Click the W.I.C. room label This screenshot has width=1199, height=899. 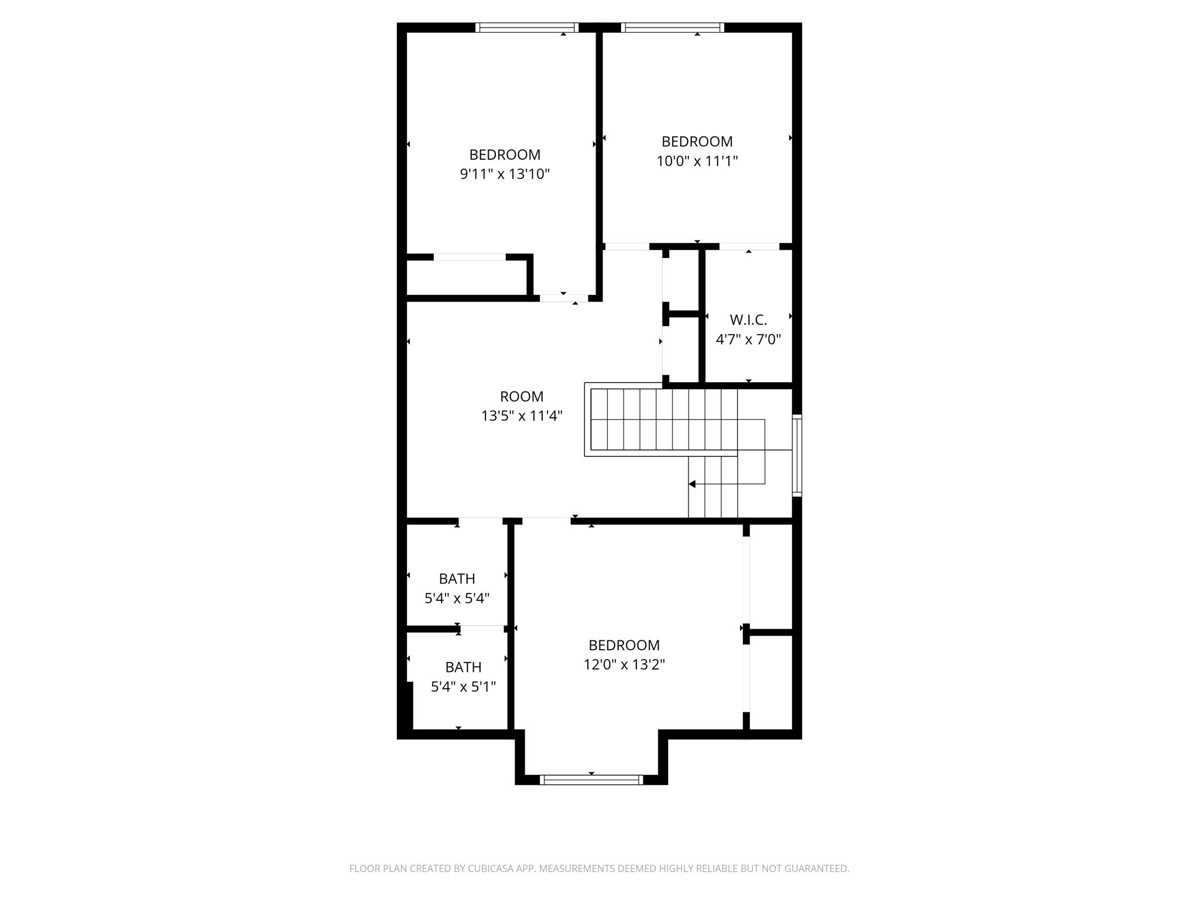point(748,320)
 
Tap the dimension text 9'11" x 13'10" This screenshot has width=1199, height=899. point(505,174)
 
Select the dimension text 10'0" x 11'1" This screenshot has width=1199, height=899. point(697,161)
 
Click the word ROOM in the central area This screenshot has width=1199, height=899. point(522,397)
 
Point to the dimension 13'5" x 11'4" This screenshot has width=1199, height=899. point(522,416)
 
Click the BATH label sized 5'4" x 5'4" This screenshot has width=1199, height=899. point(457,579)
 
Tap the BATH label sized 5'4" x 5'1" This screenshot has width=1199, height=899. point(463,667)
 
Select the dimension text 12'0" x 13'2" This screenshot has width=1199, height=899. point(624,665)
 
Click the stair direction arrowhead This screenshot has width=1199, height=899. point(692,484)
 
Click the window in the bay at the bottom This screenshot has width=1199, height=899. point(591,780)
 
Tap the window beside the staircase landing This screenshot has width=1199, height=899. point(797,456)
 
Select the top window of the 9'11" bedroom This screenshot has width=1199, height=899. point(527,28)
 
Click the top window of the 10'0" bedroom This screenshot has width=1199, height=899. point(673,28)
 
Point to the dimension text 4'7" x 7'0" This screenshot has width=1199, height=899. point(748,339)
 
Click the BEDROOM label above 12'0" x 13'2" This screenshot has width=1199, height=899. point(624,646)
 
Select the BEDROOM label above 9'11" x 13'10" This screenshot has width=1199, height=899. point(505,155)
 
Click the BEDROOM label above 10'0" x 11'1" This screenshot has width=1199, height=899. point(697,142)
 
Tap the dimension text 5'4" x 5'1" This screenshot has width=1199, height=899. point(463,687)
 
